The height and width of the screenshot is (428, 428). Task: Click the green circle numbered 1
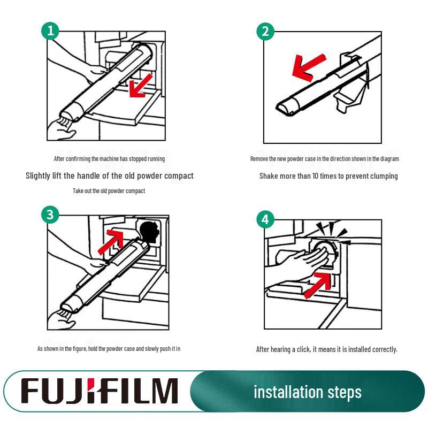50,30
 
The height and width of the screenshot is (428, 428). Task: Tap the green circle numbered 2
265,31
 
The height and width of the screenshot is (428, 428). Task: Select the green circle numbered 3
50,215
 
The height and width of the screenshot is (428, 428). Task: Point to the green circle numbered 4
265,219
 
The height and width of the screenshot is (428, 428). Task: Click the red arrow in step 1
140,86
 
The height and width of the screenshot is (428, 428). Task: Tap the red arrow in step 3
111,241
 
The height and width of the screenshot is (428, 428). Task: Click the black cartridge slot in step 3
149,232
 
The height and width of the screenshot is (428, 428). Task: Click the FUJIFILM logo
100,391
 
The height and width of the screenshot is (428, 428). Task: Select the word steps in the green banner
345,393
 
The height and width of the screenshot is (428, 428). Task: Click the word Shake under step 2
269,176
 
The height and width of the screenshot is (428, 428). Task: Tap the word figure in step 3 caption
79,349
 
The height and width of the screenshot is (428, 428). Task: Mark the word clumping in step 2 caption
385,177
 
